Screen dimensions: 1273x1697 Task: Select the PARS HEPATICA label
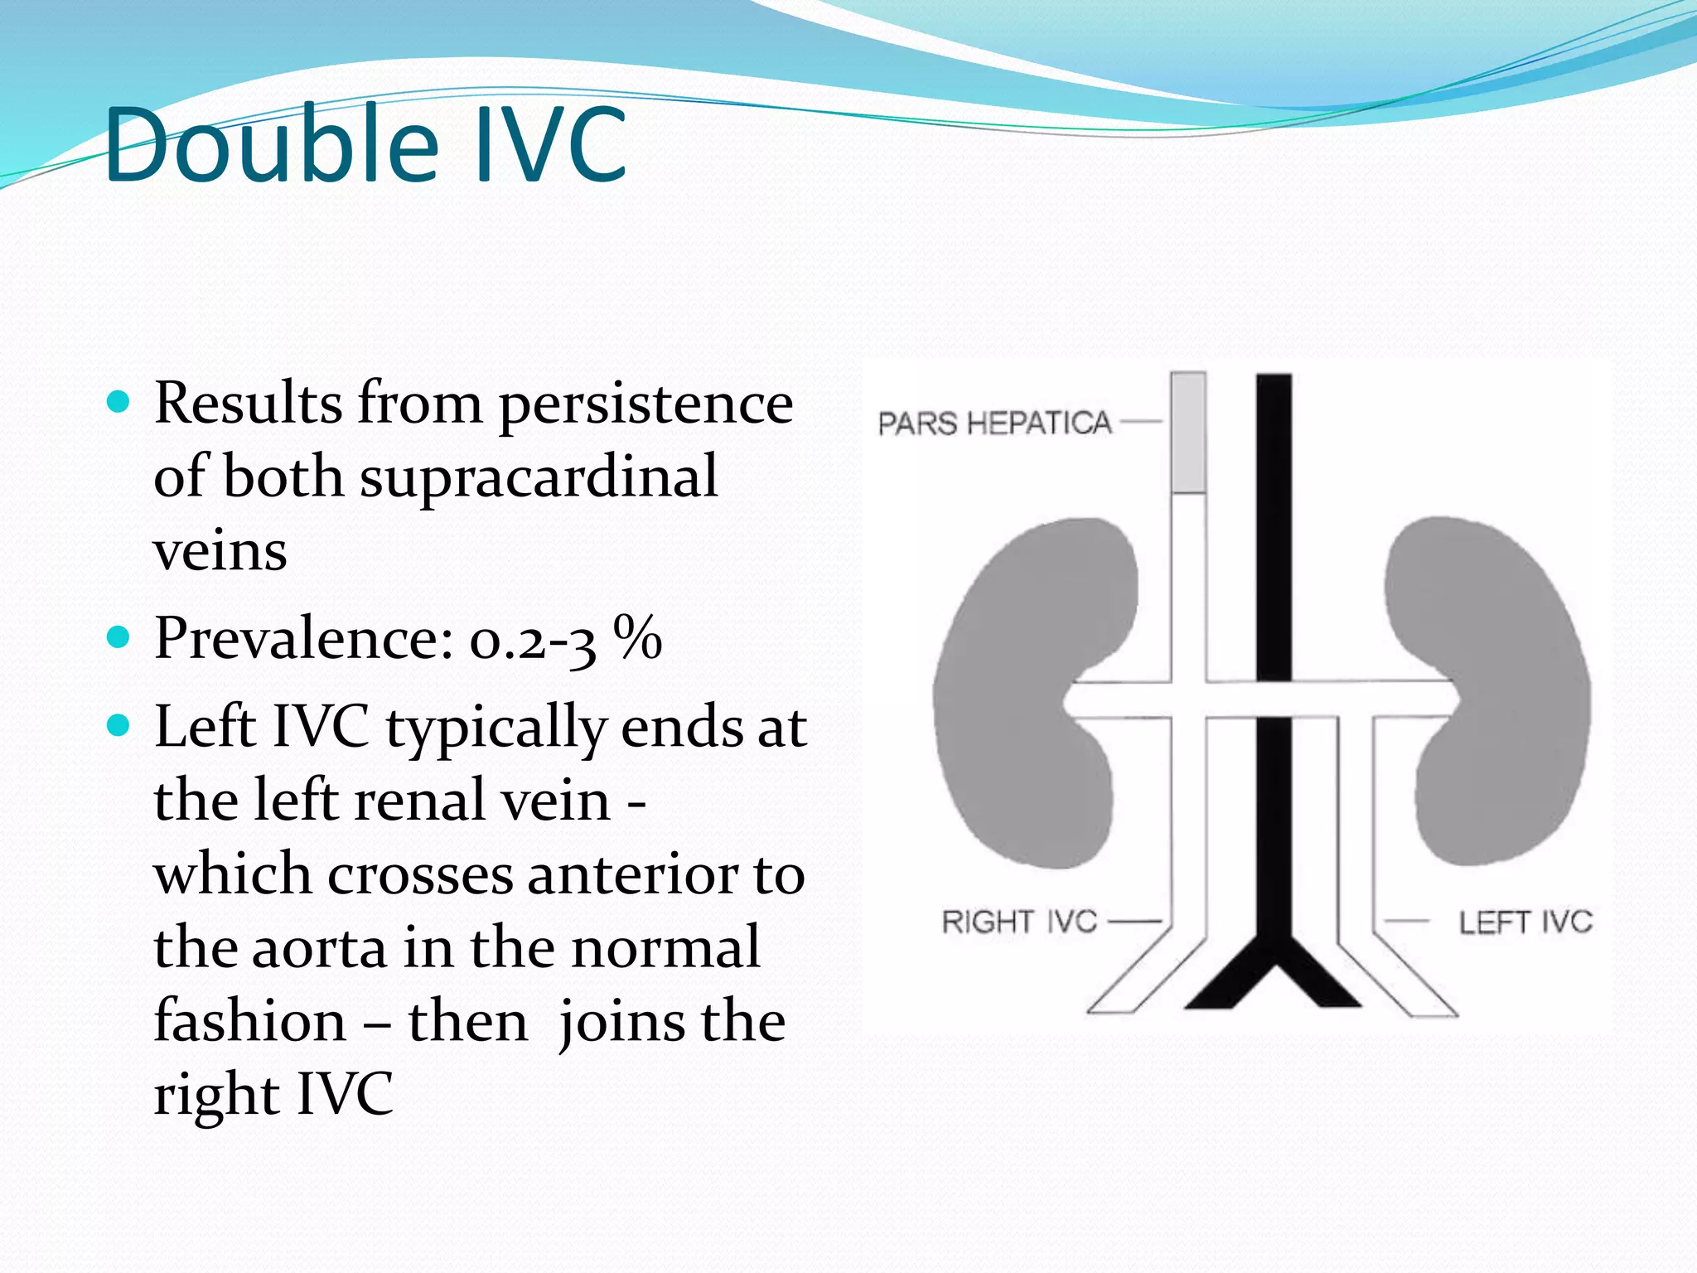click(x=994, y=424)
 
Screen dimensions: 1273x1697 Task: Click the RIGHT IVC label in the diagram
click(x=1019, y=922)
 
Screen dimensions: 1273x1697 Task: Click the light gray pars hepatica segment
click(x=1188, y=433)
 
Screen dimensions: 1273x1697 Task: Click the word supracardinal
click(x=539, y=477)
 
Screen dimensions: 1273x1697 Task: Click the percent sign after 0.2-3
click(x=637, y=637)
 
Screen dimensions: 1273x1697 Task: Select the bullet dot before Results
click(x=119, y=403)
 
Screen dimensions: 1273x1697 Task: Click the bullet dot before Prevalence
click(x=119, y=637)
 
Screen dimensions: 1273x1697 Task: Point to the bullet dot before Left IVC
click(x=119, y=726)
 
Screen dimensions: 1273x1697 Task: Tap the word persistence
click(x=646, y=405)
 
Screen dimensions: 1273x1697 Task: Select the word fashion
click(x=249, y=1021)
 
